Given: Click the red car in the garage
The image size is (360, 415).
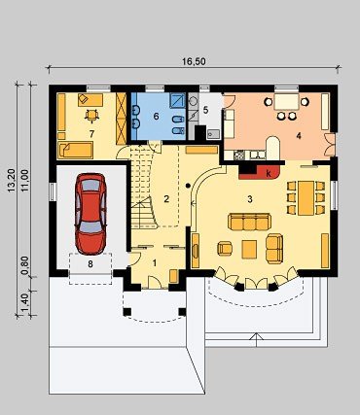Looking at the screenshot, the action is pos(90,214).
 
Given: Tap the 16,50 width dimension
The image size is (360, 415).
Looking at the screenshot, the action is pos(194,61).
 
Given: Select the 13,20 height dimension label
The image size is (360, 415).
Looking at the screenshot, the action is pos(12,181).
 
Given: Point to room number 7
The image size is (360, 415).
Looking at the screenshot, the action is pos(91,133).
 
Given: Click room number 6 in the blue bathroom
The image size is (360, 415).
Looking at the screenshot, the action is pos(156,116).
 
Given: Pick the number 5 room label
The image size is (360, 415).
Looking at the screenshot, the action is pos(205,110).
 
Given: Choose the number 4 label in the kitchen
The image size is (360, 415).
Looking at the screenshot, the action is pos(299,135).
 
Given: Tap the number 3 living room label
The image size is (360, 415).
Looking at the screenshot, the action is pos(250,199).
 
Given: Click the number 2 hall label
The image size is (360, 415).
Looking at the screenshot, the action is pos(166,198).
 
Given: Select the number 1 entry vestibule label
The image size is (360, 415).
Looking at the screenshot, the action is pos(155,263).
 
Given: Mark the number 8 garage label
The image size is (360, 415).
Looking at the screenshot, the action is pos(90,264).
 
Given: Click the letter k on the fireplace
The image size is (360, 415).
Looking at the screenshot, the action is pos(269,173).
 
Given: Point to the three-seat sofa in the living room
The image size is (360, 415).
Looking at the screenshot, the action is pos(250,222).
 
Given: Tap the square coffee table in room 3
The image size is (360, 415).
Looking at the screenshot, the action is pos(249,249).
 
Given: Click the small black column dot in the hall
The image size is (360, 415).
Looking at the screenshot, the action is pos(188,186).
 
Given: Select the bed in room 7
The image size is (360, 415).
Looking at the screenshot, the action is pos(76,150).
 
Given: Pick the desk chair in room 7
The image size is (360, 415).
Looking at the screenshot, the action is pos(92,116).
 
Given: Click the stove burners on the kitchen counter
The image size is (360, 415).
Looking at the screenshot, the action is pos(239,156).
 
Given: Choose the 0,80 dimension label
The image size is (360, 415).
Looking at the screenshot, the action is pos(25,265).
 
